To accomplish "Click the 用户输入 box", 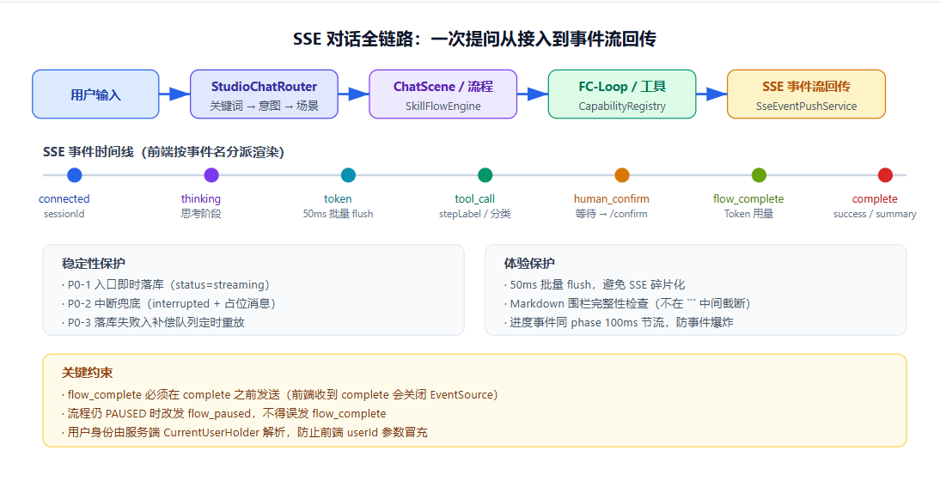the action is tap(95, 94).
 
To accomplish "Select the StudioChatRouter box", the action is tap(264, 94).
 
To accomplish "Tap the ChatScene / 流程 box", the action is tap(443, 94).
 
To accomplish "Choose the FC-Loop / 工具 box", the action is tap(622, 94).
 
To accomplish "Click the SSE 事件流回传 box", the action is tap(806, 94).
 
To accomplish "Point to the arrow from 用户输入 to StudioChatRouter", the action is tap(174, 94).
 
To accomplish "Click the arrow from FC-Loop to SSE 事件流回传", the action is tap(711, 94).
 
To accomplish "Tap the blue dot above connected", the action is tap(75, 175).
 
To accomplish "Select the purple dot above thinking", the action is tap(211, 175).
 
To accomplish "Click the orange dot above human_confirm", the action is tap(622, 175).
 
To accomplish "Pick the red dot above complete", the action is tap(885, 175).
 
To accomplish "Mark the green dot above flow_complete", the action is tap(759, 175).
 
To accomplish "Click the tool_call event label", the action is tap(475, 199).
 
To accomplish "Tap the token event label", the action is tap(338, 199).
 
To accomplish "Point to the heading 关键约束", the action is tap(87, 373).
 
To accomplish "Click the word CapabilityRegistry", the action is tap(622, 107).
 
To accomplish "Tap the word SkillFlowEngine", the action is tap(443, 107).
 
